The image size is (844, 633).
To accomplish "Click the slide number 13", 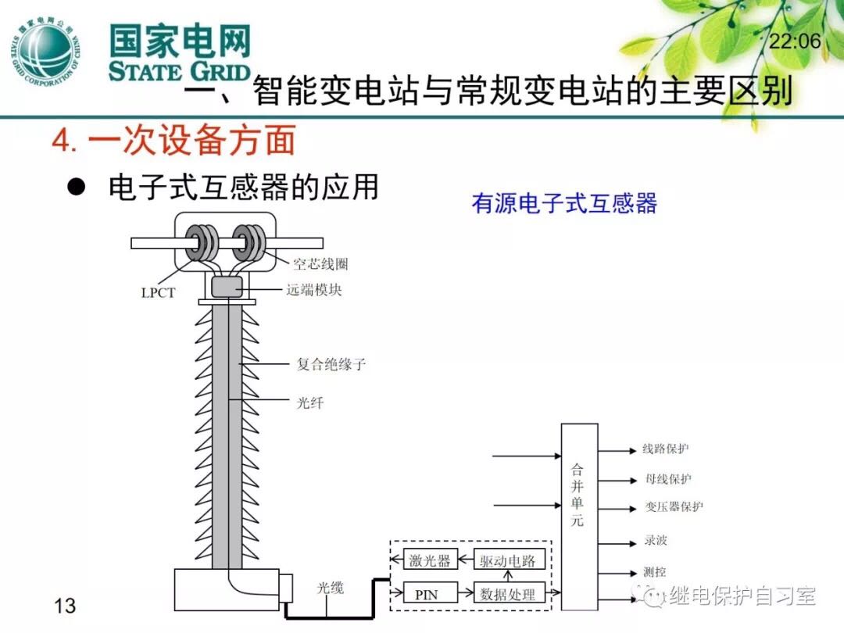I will [x=65, y=605].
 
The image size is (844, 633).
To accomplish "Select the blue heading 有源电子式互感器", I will [x=564, y=204].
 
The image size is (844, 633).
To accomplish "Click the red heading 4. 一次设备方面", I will [x=173, y=141].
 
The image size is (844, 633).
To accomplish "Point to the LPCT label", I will [x=159, y=293].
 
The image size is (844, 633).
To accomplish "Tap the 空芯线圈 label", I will [x=320, y=263].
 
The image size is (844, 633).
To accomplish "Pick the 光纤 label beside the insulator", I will [x=310, y=403].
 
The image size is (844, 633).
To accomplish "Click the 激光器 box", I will [x=430, y=560].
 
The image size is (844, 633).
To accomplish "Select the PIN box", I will [x=427, y=594].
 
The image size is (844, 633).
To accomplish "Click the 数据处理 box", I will [x=509, y=594].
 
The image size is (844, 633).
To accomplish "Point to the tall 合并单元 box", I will [x=579, y=516].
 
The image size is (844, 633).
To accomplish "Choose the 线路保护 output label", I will [x=666, y=449].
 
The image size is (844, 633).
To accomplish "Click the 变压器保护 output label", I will [x=674, y=506].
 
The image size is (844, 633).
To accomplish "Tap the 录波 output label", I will [x=656, y=541].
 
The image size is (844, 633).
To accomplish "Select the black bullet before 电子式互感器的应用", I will [x=76, y=188].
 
